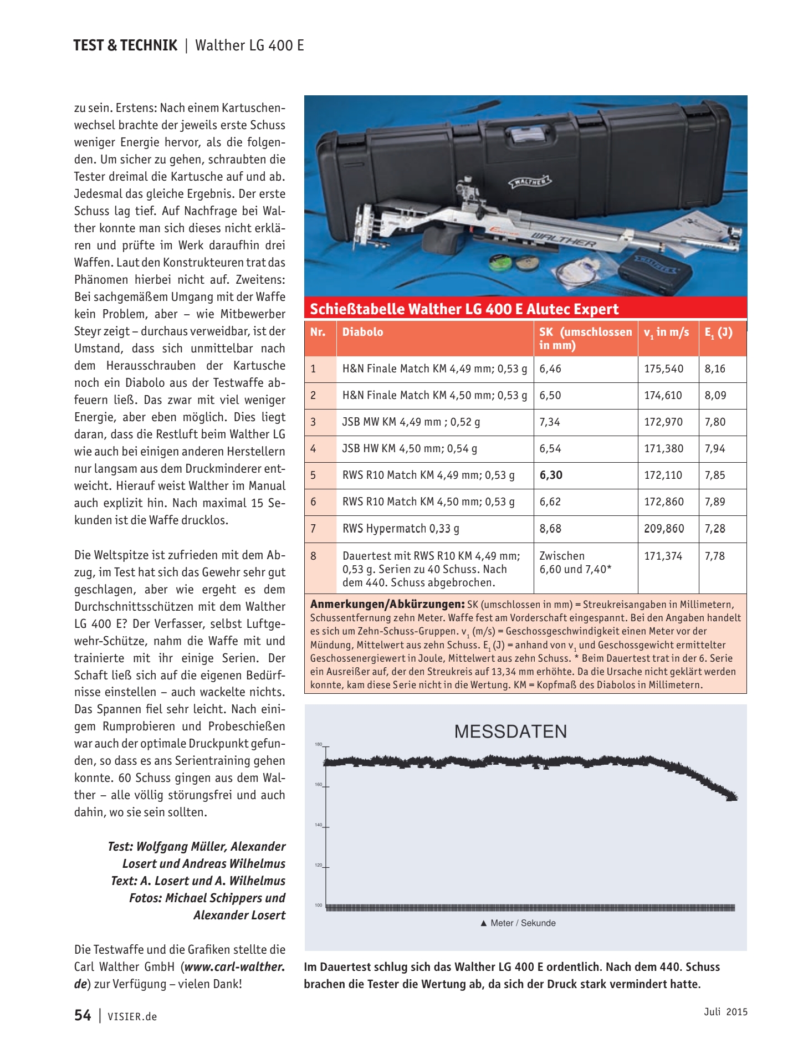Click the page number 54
[83, 1015]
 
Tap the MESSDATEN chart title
[510, 731]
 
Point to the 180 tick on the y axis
[319, 744]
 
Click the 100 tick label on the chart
[319, 906]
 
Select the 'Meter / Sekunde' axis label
[523, 923]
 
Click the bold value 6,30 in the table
[551, 475]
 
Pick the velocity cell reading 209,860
[664, 529]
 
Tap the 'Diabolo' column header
[362, 332]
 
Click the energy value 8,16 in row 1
[715, 369]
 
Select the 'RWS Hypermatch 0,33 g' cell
[401, 529]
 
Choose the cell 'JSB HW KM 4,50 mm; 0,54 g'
[410, 448]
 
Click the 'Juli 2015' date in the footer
[725, 1012]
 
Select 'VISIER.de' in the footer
[132, 1017]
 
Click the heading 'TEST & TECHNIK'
[125, 45]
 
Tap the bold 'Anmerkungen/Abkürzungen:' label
[387, 604]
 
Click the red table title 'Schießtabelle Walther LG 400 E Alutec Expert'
[464, 309]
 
